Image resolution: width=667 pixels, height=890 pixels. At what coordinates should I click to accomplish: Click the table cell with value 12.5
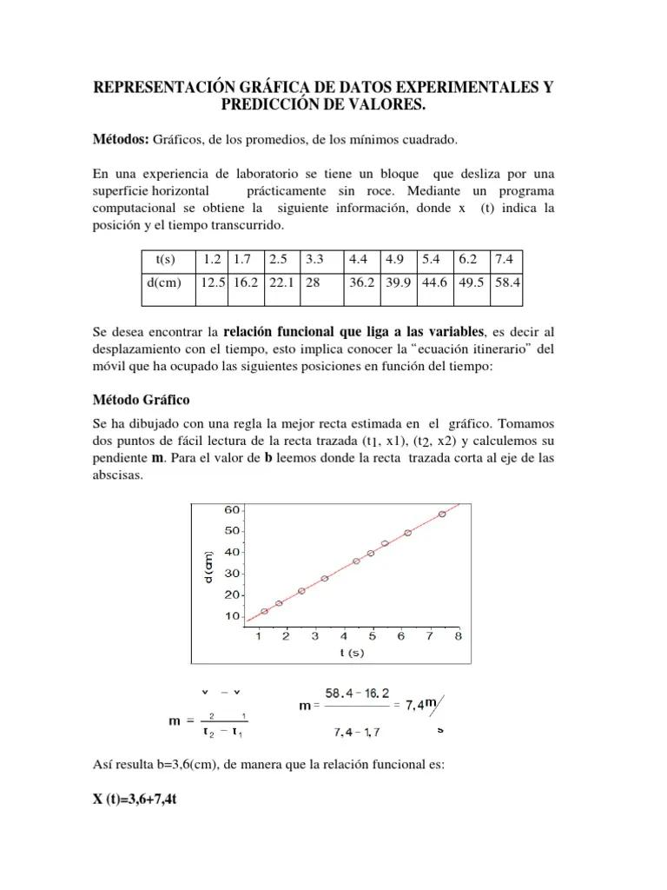click(213, 282)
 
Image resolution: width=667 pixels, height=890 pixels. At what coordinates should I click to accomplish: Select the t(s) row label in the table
click(165, 260)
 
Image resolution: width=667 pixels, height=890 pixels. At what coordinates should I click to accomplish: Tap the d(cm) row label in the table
click(165, 282)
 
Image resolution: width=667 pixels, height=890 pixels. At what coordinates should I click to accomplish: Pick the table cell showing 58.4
click(505, 282)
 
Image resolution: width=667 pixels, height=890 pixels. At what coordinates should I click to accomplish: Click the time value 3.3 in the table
click(314, 260)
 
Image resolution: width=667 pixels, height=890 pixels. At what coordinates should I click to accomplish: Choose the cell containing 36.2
click(362, 282)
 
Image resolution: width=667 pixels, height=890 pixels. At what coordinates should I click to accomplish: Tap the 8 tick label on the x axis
click(458, 636)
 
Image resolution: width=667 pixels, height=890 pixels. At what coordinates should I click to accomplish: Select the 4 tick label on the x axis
click(344, 636)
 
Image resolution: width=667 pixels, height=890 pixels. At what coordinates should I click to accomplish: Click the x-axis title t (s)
click(352, 652)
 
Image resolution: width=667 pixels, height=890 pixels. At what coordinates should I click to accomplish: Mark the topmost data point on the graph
click(442, 514)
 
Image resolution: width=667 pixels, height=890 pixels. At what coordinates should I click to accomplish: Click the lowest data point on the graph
click(265, 611)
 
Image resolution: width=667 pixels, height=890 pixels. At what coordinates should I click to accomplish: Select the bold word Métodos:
click(122, 140)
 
